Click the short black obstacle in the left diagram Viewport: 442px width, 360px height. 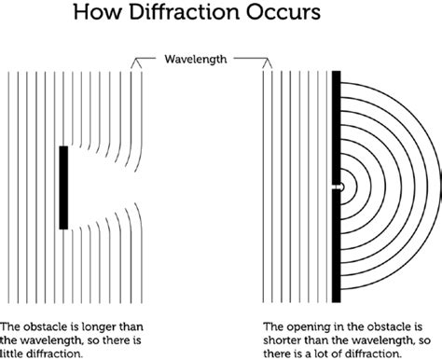pos(63,187)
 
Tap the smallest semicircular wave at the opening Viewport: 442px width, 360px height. pos(342,187)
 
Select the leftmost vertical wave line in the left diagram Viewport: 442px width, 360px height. pos(8,187)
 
